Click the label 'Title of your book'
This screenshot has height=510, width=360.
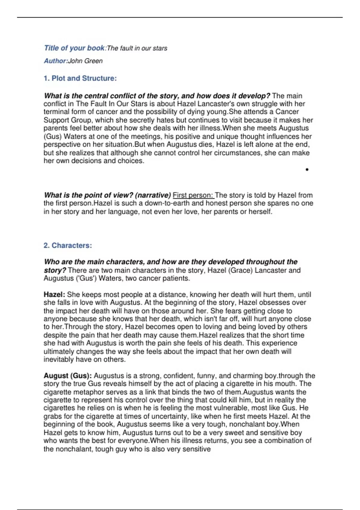[x=74, y=48]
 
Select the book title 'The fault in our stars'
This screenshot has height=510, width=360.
[x=137, y=48]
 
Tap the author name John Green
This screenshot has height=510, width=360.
[x=85, y=61]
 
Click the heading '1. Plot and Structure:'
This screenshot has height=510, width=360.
[x=80, y=78]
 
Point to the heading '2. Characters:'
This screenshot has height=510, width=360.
[x=68, y=245]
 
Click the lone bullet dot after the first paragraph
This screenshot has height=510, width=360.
[x=307, y=170]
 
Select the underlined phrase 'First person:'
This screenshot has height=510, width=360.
[x=193, y=195]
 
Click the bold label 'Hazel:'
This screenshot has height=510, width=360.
[x=54, y=295]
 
